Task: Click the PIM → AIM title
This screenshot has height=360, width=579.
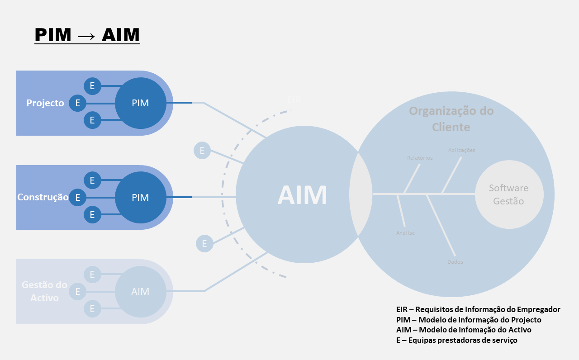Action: pyautogui.click(x=87, y=35)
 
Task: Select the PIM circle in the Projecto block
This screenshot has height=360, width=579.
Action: pyautogui.click(x=140, y=103)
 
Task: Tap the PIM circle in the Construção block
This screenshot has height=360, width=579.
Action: pyautogui.click(x=140, y=198)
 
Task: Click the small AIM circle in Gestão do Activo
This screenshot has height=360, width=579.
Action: pyautogui.click(x=140, y=292)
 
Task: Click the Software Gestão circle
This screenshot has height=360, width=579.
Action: pyautogui.click(x=509, y=194)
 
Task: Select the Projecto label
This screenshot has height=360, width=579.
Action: pyautogui.click(x=45, y=103)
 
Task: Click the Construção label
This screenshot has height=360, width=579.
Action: pyautogui.click(x=43, y=197)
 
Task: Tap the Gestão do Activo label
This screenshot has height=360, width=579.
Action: pyautogui.click(x=44, y=292)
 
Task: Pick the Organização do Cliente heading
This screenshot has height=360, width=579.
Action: pyautogui.click(x=451, y=119)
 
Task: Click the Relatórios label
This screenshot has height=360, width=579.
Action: pyautogui.click(x=420, y=158)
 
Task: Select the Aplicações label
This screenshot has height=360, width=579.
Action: pyautogui.click(x=461, y=150)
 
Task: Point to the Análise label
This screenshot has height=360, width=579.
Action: pyautogui.click(x=405, y=233)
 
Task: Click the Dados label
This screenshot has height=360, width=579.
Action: pyautogui.click(x=455, y=262)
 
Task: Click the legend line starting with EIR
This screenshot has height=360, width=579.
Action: pyautogui.click(x=478, y=310)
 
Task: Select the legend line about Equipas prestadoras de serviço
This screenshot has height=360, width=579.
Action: pyautogui.click(x=456, y=340)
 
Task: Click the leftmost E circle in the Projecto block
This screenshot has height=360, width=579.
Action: pyautogui.click(x=78, y=103)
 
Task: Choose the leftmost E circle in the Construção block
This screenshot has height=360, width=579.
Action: pyautogui.click(x=78, y=198)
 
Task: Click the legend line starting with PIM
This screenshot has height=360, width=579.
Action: pyautogui.click(x=469, y=320)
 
